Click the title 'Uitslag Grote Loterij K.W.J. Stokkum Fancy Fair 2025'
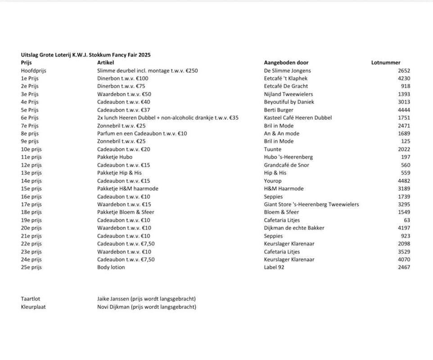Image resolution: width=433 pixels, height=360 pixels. coord(86,55)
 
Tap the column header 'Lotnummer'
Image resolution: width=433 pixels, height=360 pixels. coord(385,63)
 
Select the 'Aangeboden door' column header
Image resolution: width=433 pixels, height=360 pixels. coord(286,63)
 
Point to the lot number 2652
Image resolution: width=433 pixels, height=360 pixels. coord(404,71)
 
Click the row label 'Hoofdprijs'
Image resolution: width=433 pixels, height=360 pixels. coord(33,71)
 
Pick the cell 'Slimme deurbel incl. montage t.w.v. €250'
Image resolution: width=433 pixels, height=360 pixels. coord(147,71)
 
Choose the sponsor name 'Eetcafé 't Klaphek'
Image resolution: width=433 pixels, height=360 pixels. coord(286,78)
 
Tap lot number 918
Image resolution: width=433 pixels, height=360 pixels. coord(405,86)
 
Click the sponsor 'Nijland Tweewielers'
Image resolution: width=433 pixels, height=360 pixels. coord(288,94)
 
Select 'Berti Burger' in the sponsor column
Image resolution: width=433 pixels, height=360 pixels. coord(279,110)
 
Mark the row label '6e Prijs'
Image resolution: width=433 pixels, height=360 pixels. coord(30,118)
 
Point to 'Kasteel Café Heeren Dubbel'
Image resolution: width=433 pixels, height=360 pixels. coord(298,118)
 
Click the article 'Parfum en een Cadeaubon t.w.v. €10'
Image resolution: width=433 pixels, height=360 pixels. coord(142,134)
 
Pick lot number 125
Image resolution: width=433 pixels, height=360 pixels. coord(405,141)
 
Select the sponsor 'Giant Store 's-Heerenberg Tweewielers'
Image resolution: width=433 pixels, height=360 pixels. coord(311,204)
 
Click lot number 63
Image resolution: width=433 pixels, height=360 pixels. coord(407,220)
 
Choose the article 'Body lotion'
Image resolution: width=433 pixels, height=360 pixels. coord(111,267)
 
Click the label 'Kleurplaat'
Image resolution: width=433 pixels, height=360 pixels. coord(33,307)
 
